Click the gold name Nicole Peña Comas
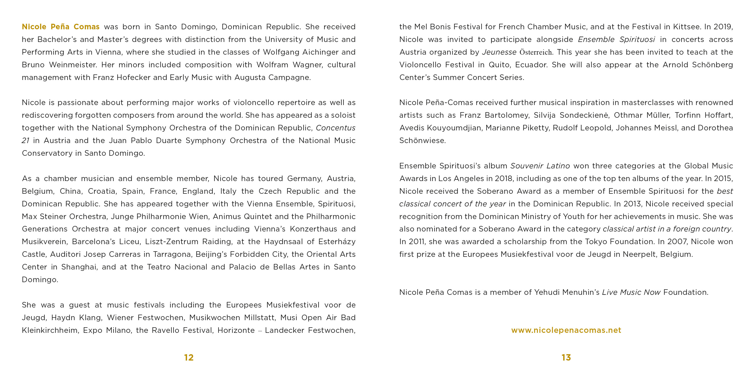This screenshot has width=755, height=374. (x=61, y=27)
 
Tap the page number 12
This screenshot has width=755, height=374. (x=189, y=357)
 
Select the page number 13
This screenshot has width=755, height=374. (x=566, y=357)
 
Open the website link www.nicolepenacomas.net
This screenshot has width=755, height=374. (x=566, y=330)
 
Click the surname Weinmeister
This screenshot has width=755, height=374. (x=73, y=65)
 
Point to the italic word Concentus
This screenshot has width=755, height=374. (x=335, y=128)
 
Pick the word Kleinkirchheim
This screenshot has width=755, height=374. (x=50, y=330)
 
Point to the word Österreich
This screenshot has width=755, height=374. (x=536, y=52)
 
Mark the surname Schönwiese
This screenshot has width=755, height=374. (x=422, y=141)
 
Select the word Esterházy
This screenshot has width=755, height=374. (x=337, y=242)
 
